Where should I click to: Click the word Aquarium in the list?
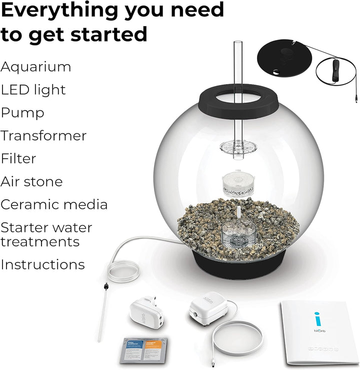click(x=36, y=67)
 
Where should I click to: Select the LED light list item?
click(x=33, y=90)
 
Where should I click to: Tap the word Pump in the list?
click(x=22, y=113)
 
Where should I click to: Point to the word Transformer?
click(x=43, y=136)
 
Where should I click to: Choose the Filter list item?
click(x=18, y=159)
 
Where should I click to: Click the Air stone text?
click(x=31, y=181)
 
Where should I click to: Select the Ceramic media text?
click(x=54, y=204)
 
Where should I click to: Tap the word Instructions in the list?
click(x=42, y=264)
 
